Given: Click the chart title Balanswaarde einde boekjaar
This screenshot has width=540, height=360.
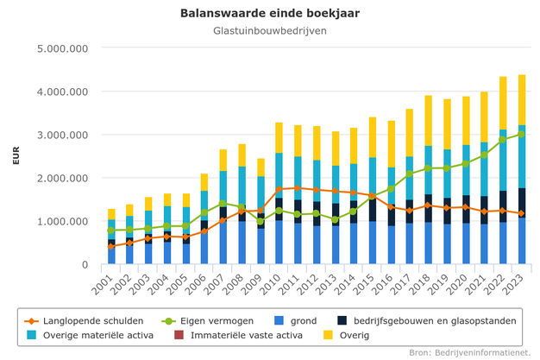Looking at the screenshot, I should point(270,13).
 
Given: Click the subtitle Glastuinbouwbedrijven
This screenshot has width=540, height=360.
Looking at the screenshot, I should point(270,31).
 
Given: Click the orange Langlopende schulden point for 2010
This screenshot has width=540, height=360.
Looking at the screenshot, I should point(279,189).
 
